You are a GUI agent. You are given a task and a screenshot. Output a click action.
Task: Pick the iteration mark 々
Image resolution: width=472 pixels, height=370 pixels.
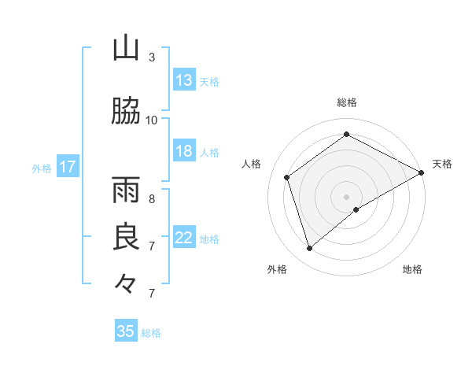pyautogui.click(x=126, y=282)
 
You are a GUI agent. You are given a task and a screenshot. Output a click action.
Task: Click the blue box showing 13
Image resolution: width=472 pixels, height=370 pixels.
pyautogui.click(x=184, y=80)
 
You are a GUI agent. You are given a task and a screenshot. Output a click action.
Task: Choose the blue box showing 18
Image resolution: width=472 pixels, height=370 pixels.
pyautogui.click(x=184, y=151)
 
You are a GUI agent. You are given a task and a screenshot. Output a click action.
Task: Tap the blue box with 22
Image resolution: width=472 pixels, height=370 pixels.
pyautogui.click(x=184, y=238)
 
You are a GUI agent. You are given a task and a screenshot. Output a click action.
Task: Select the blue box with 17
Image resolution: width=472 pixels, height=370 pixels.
pyautogui.click(x=68, y=167)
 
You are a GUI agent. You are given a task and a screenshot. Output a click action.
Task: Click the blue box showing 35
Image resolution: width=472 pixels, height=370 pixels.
pyautogui.click(x=126, y=331)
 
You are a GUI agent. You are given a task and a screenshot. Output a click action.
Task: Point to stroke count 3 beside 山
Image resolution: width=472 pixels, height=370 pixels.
pyautogui.click(x=152, y=57)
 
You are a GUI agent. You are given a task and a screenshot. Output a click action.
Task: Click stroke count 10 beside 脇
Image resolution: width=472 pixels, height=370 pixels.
pyautogui.click(x=152, y=120)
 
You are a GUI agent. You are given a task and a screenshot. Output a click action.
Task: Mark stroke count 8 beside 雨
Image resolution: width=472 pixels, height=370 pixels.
pyautogui.click(x=152, y=198)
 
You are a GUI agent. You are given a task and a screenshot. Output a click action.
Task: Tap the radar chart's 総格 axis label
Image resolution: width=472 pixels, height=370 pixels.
pyautogui.click(x=347, y=102)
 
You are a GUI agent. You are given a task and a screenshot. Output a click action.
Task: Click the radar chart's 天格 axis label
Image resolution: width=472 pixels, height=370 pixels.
pyautogui.click(x=442, y=164)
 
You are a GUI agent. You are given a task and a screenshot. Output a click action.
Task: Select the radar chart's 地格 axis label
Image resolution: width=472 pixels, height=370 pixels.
pyautogui.click(x=412, y=269)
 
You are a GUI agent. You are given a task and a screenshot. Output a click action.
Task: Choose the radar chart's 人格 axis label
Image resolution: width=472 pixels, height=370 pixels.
pyautogui.click(x=252, y=164)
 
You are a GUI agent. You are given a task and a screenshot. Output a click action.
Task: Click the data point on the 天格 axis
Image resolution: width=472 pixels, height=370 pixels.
pyautogui.click(x=421, y=172)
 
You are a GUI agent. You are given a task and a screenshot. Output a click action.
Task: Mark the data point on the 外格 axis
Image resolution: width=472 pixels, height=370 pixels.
pyautogui.click(x=309, y=249)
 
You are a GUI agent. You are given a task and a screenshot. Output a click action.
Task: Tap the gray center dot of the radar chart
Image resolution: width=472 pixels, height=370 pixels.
pyautogui.click(x=347, y=196)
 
